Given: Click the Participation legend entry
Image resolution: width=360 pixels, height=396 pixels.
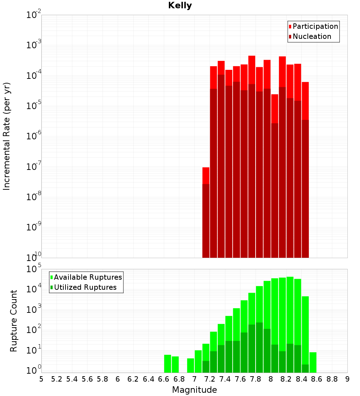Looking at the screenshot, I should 315,26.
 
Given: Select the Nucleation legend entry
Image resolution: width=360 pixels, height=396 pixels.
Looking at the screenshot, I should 311,36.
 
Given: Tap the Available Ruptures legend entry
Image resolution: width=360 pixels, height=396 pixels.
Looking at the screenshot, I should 87,277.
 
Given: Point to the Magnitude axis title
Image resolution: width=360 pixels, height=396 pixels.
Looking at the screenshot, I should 194,390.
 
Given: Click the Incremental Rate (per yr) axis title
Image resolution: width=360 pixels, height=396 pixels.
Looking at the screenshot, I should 6,136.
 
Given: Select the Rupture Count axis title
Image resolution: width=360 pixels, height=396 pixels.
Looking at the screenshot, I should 14,321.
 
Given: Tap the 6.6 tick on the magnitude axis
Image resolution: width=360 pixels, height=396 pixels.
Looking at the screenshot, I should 164,379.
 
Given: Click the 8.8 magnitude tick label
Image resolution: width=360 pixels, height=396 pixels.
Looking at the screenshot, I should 332,379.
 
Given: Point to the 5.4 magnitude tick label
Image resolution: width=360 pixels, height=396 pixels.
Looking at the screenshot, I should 72,379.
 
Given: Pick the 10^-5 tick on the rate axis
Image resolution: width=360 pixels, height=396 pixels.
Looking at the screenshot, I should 34,106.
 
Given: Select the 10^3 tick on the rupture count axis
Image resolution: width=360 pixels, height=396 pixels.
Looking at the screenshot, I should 34,310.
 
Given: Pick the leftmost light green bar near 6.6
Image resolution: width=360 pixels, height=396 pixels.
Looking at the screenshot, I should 167,364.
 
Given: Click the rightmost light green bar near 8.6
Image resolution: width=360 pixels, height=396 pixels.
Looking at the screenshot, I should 313,362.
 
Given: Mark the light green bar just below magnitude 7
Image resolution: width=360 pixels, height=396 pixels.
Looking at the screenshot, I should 190,365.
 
